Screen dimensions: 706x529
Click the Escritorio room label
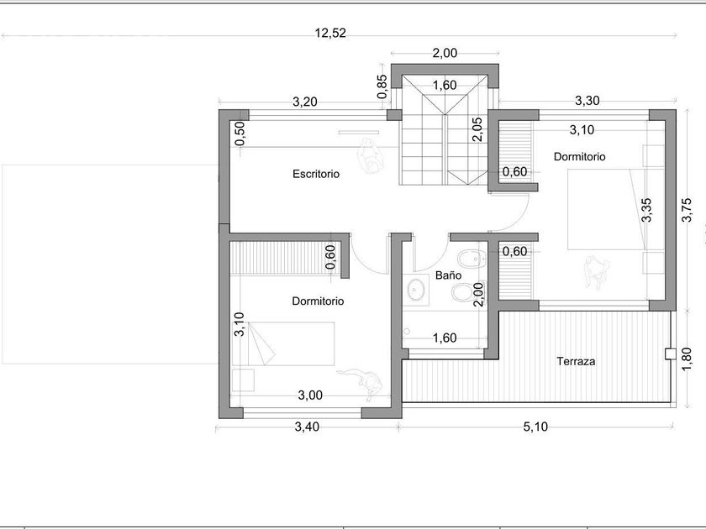316,174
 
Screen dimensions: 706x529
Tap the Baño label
449,275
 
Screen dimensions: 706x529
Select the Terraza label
576,361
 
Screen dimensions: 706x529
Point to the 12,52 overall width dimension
330,34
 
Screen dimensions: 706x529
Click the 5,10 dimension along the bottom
536,427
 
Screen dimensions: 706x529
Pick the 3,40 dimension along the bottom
307,427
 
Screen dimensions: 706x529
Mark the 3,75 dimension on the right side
687,210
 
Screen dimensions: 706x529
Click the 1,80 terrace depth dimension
687,359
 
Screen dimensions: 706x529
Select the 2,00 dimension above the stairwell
445,53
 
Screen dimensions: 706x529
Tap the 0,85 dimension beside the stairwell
382,86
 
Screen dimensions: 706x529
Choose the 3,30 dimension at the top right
587,101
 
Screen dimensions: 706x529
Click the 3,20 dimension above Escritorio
305,102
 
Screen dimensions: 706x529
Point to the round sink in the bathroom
417,289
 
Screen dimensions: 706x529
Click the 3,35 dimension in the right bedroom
646,210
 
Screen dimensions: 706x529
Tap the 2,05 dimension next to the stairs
477,129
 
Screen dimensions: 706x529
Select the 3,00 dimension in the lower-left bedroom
310,395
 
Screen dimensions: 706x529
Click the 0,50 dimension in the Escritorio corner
240,134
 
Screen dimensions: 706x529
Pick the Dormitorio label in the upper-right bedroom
579,157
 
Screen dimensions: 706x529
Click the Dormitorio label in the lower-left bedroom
318,301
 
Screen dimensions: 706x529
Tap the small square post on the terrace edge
671,354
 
